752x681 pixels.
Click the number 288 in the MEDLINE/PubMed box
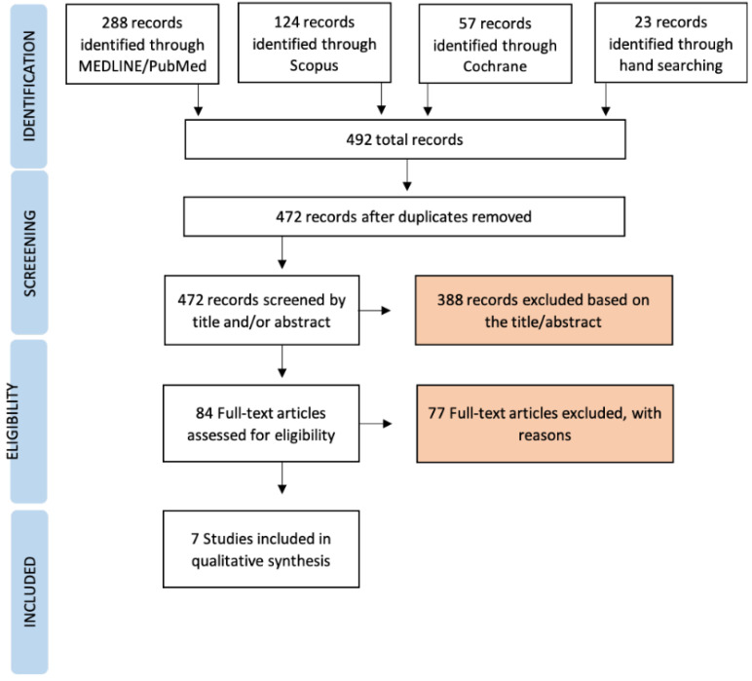click(116, 22)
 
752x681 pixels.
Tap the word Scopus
click(314, 65)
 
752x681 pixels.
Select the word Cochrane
click(495, 66)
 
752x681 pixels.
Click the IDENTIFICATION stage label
click(29, 86)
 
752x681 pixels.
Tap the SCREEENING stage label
click(29, 253)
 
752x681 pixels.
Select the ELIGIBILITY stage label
click(13, 422)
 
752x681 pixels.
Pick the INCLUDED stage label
click(29, 591)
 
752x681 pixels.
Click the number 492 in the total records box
click(359, 139)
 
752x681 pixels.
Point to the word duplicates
click(431, 216)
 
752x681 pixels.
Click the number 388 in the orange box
click(450, 300)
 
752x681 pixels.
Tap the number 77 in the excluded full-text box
click(436, 413)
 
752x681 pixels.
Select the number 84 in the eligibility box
click(205, 413)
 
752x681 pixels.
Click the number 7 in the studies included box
click(195, 539)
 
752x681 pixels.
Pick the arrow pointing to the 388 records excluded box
click(375, 310)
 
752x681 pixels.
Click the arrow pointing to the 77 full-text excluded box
click(376, 424)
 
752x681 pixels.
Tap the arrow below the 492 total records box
click(407, 174)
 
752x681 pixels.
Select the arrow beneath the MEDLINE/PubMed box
click(198, 99)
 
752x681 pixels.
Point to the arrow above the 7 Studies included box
click(282, 477)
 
